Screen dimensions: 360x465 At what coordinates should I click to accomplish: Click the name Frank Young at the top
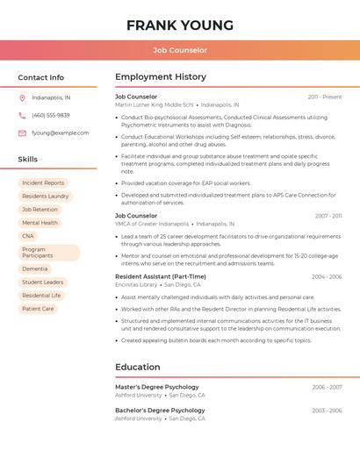click(x=180, y=25)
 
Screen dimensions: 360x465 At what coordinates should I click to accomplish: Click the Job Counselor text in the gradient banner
click(x=180, y=50)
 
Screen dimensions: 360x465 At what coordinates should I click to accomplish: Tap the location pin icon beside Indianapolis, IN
click(x=22, y=97)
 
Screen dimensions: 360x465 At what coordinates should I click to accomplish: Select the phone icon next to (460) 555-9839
click(x=22, y=115)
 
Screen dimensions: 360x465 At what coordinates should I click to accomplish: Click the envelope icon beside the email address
click(x=22, y=133)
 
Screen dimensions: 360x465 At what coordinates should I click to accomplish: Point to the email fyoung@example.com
click(x=60, y=133)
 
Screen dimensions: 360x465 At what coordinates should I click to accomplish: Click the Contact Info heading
click(x=40, y=77)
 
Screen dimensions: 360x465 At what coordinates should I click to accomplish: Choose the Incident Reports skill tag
click(x=43, y=182)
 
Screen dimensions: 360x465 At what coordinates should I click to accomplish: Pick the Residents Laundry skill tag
click(x=45, y=197)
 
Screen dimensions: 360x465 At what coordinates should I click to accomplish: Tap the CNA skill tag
click(x=28, y=236)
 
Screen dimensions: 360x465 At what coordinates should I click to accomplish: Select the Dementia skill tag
click(x=35, y=268)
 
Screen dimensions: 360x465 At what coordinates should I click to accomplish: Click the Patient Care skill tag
click(x=38, y=309)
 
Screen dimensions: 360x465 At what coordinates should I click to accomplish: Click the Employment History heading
click(x=161, y=77)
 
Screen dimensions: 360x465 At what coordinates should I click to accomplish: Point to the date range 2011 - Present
click(x=325, y=97)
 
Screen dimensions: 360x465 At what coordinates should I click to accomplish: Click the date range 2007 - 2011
click(x=328, y=215)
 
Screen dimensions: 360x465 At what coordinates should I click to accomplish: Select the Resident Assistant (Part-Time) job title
click(x=161, y=276)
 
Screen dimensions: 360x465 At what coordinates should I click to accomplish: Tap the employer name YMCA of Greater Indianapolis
click(x=152, y=224)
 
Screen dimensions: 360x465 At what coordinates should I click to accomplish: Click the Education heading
click(x=138, y=367)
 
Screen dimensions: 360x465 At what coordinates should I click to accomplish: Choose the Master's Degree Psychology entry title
click(x=157, y=387)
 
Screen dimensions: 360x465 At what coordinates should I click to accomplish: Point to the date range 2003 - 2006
click(x=327, y=411)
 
